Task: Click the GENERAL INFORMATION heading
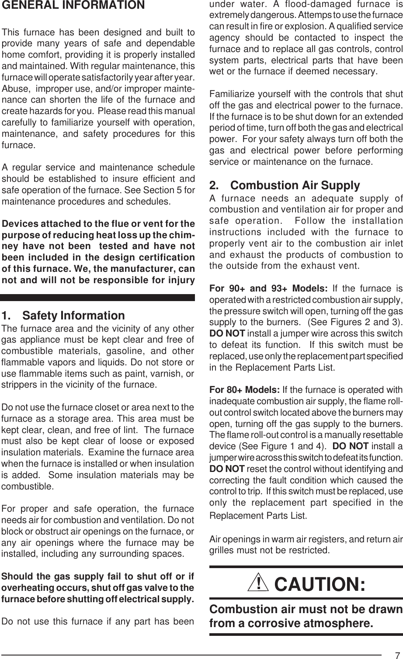[73, 6]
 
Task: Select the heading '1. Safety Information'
[63, 316]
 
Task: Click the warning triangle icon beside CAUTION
[262, 584]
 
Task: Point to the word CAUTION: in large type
[320, 584]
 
